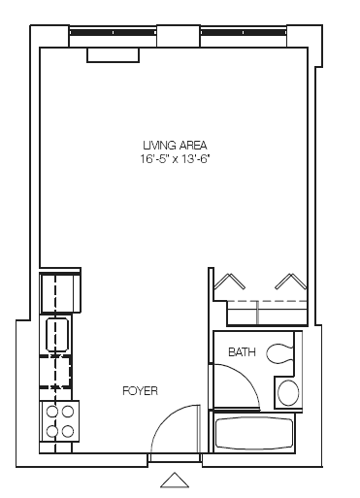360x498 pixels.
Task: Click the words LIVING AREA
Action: pyautogui.click(x=174, y=145)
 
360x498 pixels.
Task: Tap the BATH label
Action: pyautogui.click(x=243, y=352)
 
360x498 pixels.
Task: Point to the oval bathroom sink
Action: pyautogui.click(x=289, y=392)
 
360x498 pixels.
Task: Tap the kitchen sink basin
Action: pyautogui.click(x=56, y=334)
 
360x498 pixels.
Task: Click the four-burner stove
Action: pyautogui.click(x=58, y=422)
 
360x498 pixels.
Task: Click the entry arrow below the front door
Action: pyautogui.click(x=174, y=479)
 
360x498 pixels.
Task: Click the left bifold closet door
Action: pyautogui.click(x=230, y=282)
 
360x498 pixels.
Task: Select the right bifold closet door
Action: pyautogui.click(x=290, y=282)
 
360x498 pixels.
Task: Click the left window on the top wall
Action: pyautogui.click(x=113, y=32)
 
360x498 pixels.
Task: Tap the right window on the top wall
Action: pyautogui.click(x=243, y=32)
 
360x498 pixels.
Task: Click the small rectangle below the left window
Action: pyautogui.click(x=113, y=55)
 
